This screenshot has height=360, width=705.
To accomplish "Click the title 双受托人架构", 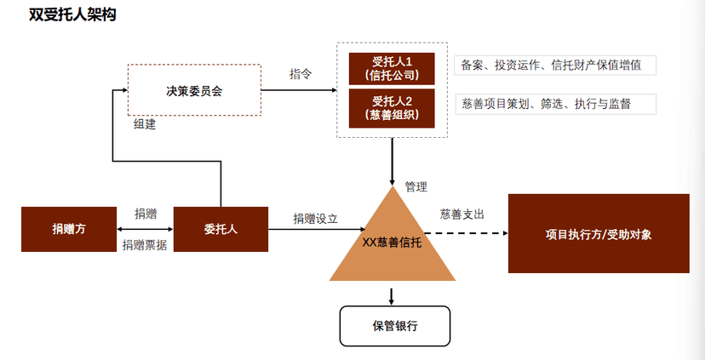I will tap(60, 15).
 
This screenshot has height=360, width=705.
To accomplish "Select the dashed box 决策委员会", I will tap(194, 89).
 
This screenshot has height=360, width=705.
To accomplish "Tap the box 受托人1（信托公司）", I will tap(392, 68).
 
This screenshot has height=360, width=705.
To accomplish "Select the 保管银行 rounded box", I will tap(395, 325).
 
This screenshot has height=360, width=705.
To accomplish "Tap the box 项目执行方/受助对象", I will tap(598, 233).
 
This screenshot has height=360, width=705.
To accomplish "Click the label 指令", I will tap(301, 74).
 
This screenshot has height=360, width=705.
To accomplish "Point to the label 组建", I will tap(145, 124).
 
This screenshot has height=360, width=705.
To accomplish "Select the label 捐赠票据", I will tap(145, 245).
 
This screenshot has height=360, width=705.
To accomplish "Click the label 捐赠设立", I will tap(315, 218).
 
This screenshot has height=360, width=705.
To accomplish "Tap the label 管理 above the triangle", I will tap(416, 186).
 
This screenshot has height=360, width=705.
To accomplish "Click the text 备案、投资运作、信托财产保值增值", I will tap(551, 65).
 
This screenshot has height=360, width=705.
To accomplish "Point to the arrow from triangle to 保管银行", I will tap(392, 295).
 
